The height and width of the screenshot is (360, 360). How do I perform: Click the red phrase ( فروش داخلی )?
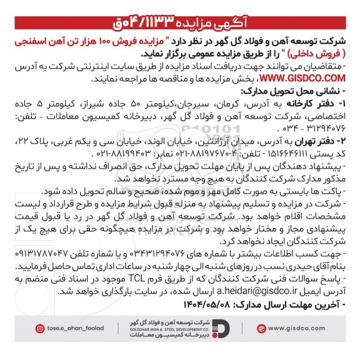coord(322,49)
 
